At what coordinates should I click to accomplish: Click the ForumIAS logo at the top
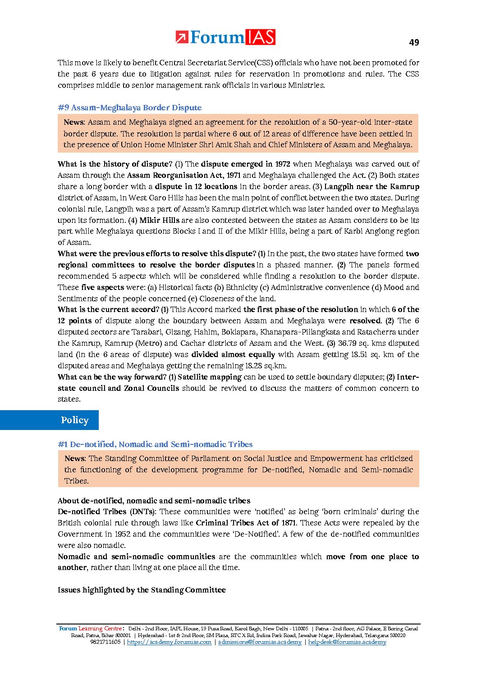click(225, 37)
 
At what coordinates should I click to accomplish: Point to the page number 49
click(414, 42)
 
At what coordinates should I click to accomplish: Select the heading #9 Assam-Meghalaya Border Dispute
click(129, 108)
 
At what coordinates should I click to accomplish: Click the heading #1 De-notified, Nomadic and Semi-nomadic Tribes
click(155, 444)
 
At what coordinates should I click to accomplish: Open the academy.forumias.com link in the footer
click(169, 642)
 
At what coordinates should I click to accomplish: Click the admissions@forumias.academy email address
click(260, 642)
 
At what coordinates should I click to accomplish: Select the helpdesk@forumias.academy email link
click(347, 642)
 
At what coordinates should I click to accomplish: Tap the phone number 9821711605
click(105, 642)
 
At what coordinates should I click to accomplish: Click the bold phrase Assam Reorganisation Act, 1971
click(184, 175)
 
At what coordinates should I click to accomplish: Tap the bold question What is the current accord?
click(108, 309)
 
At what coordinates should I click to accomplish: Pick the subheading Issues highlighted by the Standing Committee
click(142, 590)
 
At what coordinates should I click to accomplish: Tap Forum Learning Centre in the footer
click(90, 629)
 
